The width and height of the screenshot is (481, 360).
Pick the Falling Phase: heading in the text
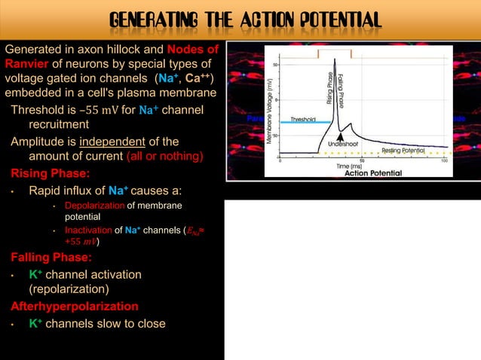point(45,257)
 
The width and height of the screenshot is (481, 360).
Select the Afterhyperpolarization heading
point(74,307)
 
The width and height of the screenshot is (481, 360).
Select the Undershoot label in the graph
point(343,143)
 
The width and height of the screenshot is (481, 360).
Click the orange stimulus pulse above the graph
point(335,53)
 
